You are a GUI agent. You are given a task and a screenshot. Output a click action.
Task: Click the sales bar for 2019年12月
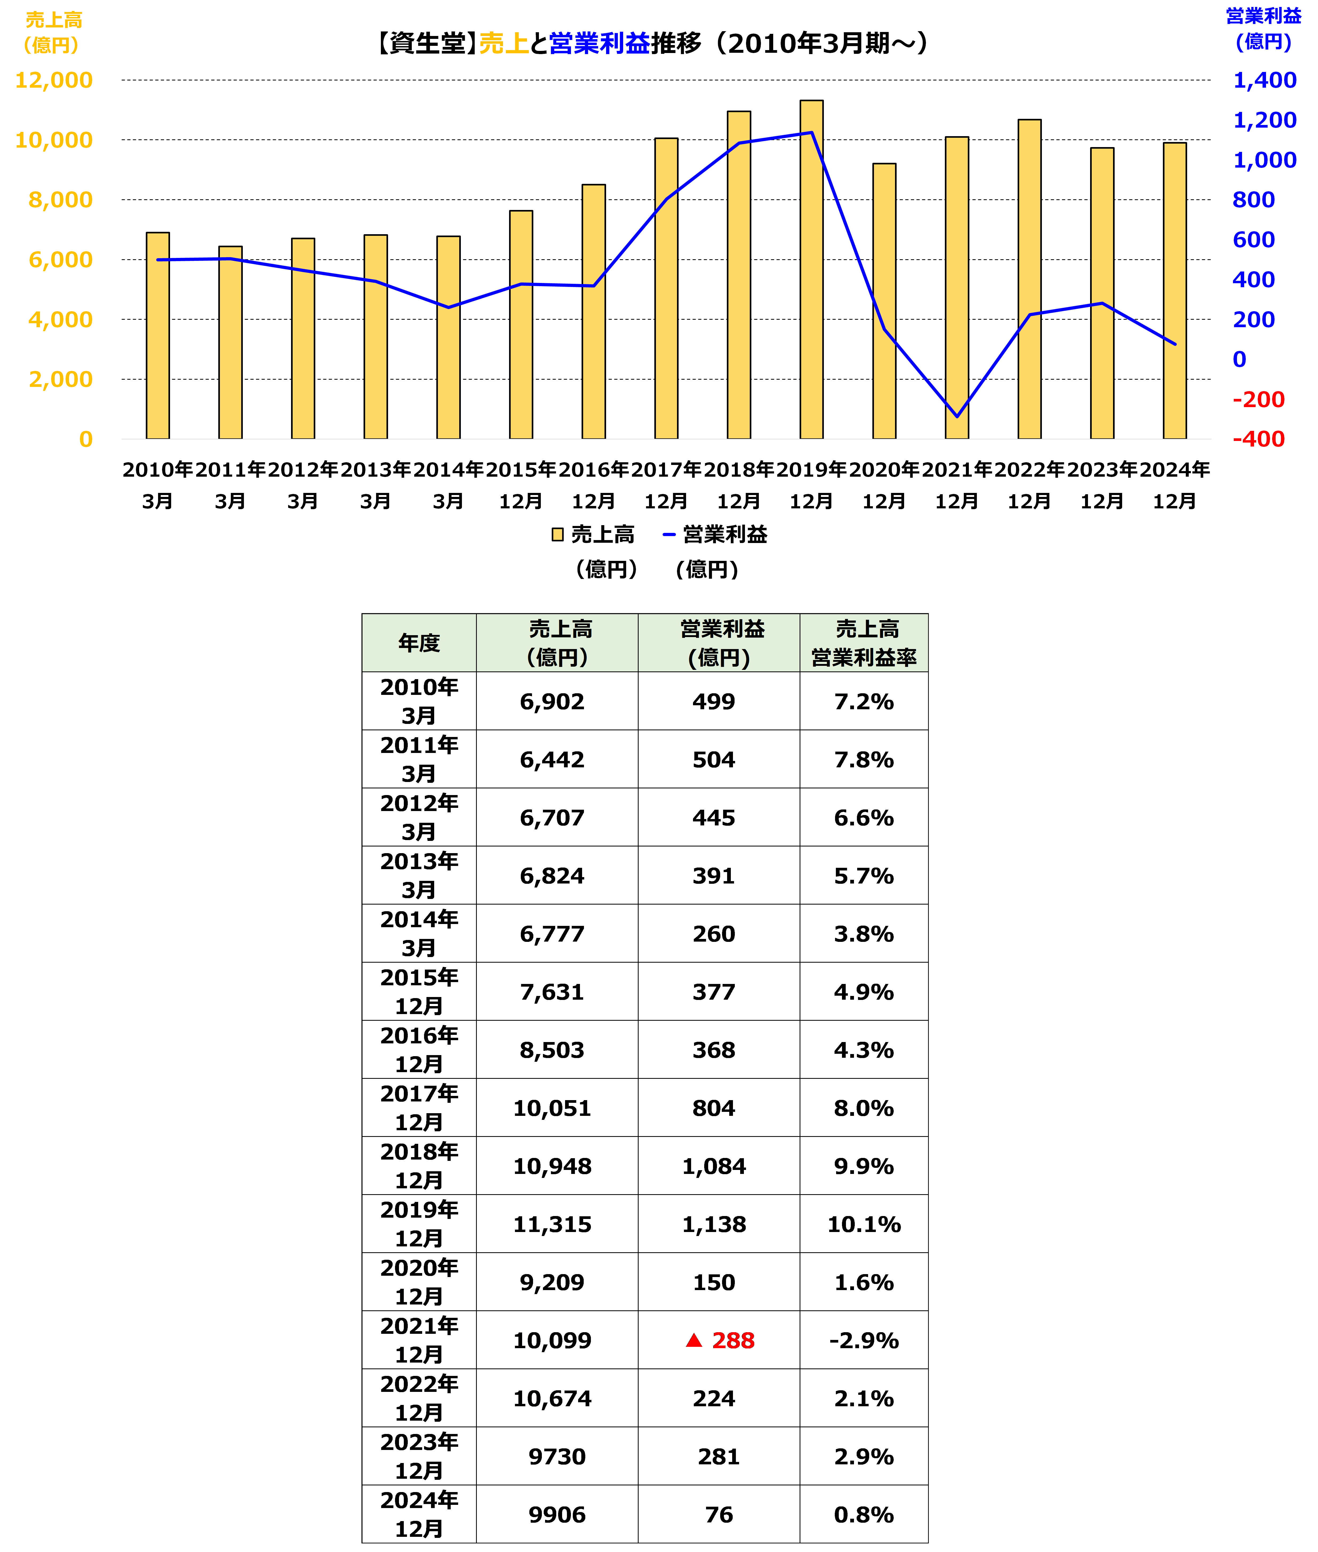coord(811,269)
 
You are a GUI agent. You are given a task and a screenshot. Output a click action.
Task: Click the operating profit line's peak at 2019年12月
coord(811,133)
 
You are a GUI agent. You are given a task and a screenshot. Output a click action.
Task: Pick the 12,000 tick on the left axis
coord(54,80)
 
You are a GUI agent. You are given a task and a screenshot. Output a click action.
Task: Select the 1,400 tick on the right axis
coord(1264,80)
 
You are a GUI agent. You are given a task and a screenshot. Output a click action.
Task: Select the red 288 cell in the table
coord(719,1341)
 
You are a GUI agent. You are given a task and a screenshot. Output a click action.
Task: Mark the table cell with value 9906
coord(557,1515)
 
